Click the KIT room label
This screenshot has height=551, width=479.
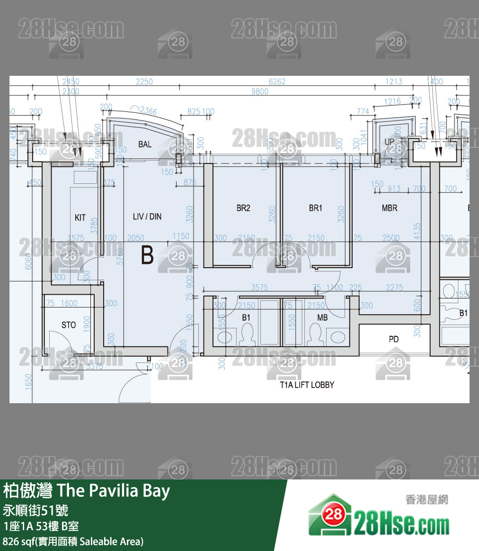(80, 217)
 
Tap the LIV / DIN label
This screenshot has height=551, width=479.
(147, 217)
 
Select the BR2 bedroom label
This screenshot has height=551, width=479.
(243, 208)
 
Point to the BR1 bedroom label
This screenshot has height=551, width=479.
(315, 208)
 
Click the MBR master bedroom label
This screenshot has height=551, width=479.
(390, 208)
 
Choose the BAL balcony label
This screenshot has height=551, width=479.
(145, 144)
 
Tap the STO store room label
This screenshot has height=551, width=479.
(69, 325)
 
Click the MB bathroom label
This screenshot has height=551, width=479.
(322, 317)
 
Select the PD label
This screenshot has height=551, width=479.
(393, 339)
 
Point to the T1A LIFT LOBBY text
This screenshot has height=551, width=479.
(307, 385)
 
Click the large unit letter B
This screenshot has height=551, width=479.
(147, 256)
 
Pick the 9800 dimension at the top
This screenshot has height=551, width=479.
(259, 91)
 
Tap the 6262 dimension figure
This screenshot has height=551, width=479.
(277, 81)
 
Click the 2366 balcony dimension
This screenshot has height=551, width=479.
(148, 111)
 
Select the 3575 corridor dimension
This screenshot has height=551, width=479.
(259, 287)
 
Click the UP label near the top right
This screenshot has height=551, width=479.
(389, 142)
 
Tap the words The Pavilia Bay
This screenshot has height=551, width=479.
(113, 491)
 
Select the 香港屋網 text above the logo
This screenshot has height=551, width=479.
(426, 500)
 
